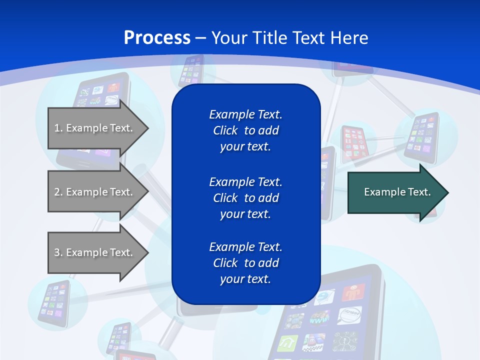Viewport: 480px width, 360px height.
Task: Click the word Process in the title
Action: tap(157, 38)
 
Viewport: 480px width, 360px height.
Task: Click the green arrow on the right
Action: tap(395, 192)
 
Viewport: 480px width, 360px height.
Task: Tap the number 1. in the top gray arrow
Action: tap(58, 128)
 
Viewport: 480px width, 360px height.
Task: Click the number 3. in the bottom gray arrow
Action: tap(58, 252)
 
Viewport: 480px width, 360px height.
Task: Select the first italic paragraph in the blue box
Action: tap(245, 130)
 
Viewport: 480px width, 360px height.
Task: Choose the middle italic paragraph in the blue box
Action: tap(245, 198)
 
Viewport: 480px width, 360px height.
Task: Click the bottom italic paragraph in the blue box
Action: tap(245, 263)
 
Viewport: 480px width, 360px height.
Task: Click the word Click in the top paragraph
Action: tap(225, 130)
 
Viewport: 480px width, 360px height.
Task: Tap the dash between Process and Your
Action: tap(200, 38)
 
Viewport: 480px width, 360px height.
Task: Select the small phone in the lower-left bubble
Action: tap(54, 302)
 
